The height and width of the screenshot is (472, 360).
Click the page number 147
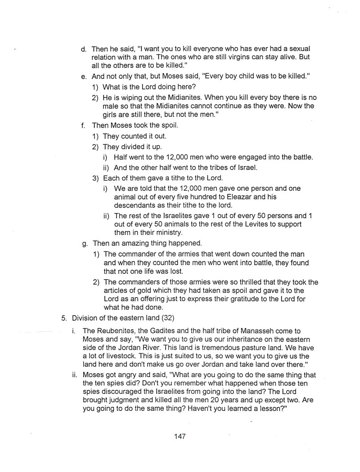point(180,436)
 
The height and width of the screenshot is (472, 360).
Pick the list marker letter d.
point(84,49)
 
